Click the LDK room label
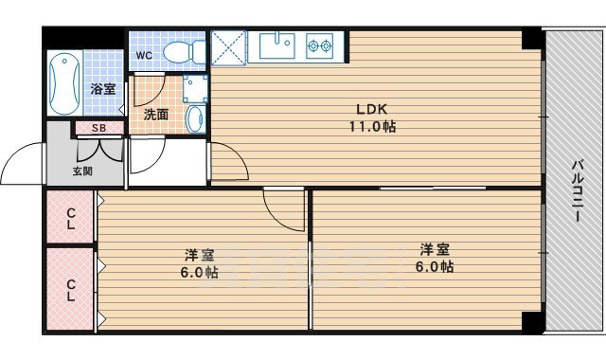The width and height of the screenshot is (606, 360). (369, 108)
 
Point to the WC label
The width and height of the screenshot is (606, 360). (143, 55)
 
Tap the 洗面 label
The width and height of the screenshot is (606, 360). (156, 114)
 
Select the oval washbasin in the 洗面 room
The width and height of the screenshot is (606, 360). (193, 119)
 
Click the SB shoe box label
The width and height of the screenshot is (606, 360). (98, 128)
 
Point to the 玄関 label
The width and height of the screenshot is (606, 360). (83, 171)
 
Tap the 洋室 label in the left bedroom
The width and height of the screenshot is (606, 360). (199, 254)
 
